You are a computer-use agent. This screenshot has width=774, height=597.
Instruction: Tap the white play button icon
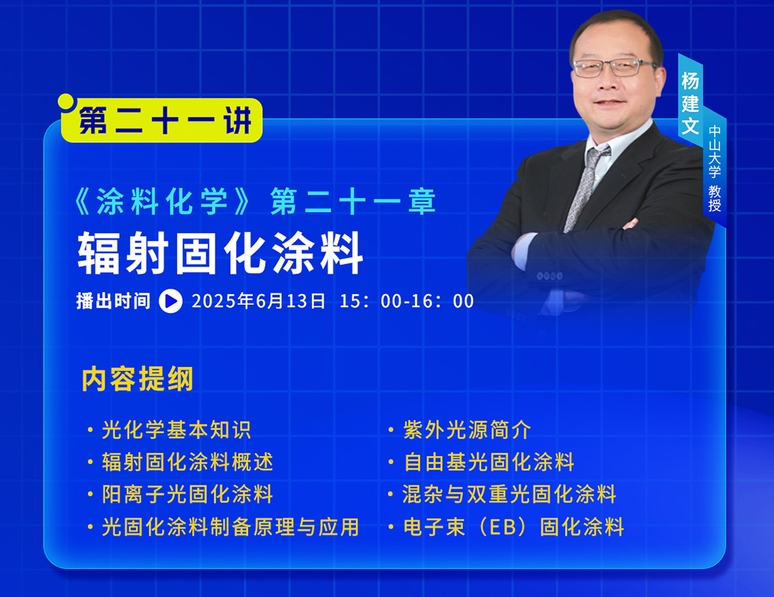tap(171, 301)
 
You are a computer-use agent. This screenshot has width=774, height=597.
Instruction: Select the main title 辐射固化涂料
tap(221, 253)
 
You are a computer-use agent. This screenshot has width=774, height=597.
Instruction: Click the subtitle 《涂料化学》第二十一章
tap(254, 201)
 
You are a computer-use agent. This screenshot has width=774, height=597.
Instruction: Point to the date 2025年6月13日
tap(259, 301)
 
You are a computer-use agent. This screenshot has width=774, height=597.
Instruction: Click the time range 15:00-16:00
tap(407, 301)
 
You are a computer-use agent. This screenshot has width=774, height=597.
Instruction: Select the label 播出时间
tap(113, 301)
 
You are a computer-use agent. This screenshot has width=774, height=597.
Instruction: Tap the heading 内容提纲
tap(138, 379)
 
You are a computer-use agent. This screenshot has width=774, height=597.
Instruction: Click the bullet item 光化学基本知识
tap(176, 430)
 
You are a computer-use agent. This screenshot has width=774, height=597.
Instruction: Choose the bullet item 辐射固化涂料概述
tap(187, 462)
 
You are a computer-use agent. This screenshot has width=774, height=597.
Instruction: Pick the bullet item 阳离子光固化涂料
tap(187, 495)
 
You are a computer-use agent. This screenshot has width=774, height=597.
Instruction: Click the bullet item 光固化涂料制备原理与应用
tap(231, 527)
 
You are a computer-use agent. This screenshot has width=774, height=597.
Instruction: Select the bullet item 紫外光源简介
tap(467, 430)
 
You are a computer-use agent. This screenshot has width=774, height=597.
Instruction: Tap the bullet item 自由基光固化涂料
tap(489, 462)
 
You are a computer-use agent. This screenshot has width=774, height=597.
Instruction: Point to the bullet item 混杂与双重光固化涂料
tap(510, 495)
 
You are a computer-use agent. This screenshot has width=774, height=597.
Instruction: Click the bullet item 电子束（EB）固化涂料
tap(514, 527)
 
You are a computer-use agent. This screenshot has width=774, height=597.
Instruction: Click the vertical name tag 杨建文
tap(691, 103)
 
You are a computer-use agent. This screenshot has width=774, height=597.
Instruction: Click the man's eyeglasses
tap(615, 67)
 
